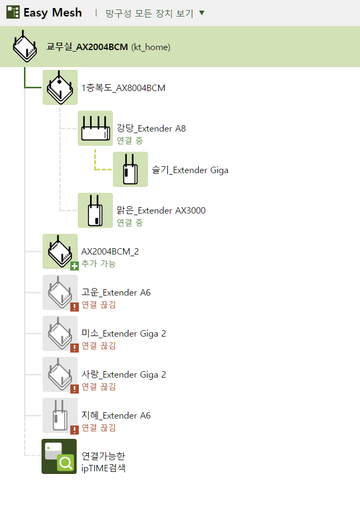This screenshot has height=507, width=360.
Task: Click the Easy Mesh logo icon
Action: (13, 12)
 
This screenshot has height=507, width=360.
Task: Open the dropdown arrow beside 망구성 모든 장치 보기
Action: (202, 13)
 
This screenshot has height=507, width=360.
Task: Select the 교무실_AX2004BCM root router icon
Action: (25, 46)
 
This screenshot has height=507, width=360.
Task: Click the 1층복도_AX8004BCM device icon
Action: (60, 87)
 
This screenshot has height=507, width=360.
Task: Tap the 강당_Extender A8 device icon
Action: (95, 128)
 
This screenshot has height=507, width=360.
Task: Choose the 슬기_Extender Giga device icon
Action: (130, 169)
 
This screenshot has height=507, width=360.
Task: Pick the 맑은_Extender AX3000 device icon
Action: (95, 210)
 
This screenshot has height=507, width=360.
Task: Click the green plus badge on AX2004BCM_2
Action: (75, 266)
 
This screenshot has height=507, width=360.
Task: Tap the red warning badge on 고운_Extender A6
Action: (75, 307)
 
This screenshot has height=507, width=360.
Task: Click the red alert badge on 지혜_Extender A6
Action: (75, 430)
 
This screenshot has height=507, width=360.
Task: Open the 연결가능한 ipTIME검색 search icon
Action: (59, 456)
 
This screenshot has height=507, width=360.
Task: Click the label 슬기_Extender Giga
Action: (190, 170)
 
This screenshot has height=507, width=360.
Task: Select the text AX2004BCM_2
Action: (110, 251)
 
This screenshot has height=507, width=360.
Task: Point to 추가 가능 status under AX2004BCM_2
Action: (99, 264)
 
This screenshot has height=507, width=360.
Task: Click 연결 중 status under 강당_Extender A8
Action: (130, 141)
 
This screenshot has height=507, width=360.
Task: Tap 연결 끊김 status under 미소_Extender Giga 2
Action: (99, 346)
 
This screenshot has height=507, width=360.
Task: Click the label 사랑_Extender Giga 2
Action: (124, 374)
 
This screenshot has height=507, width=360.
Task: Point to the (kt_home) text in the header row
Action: (151, 47)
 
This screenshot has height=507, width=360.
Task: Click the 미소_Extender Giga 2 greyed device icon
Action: (60, 333)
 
